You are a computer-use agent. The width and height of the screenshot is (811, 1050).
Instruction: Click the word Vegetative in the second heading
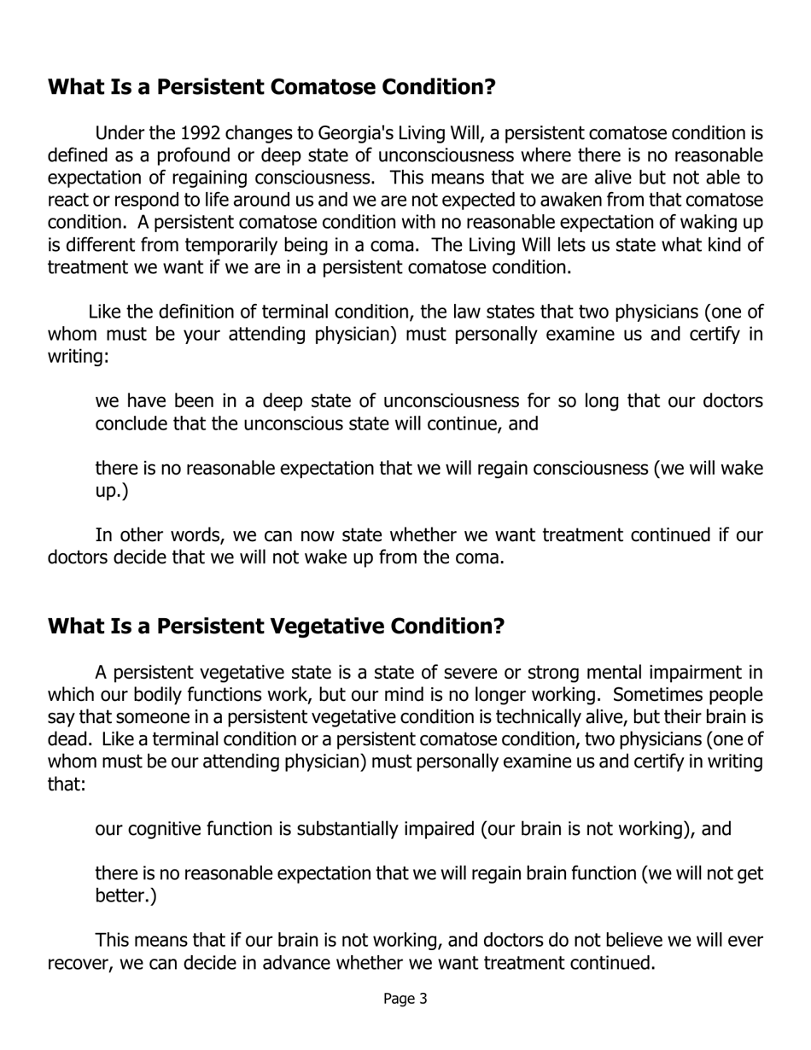coord(328,626)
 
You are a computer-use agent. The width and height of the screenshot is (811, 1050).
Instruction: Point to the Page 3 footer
coord(405,998)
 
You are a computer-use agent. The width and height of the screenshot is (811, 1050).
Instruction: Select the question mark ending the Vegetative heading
coord(499,626)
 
